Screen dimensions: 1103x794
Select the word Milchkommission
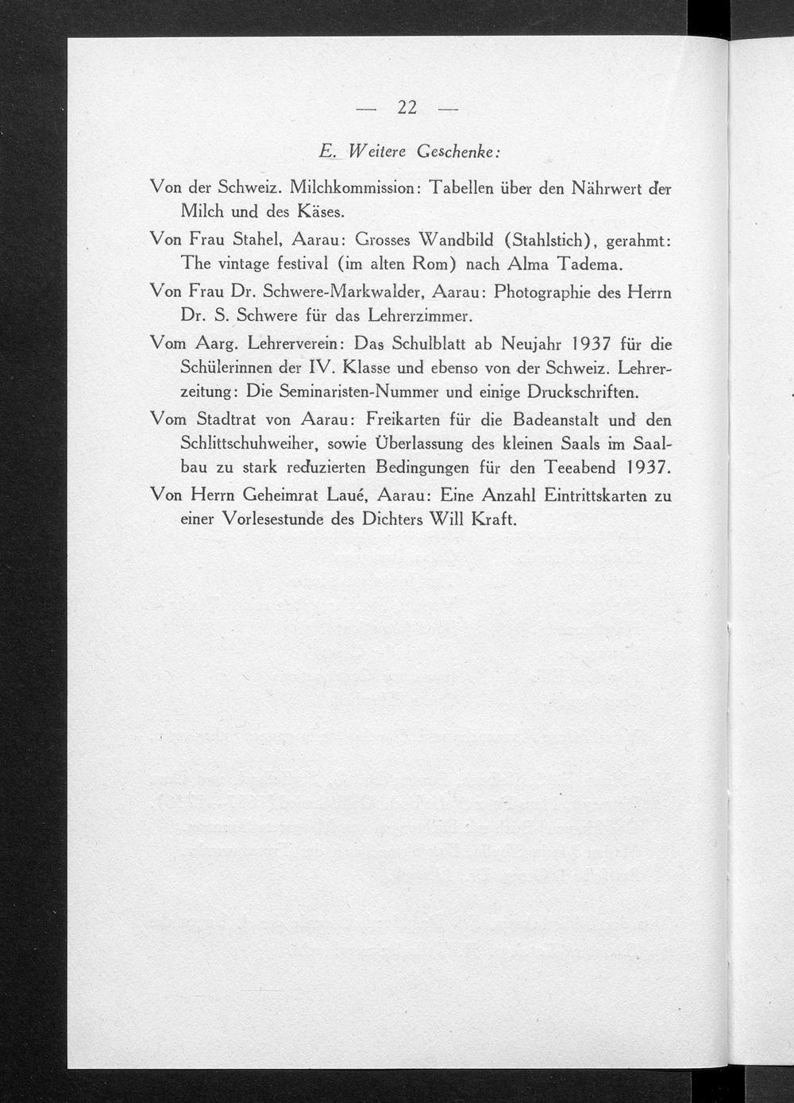(x=348, y=189)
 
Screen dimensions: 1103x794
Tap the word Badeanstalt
(x=563, y=419)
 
